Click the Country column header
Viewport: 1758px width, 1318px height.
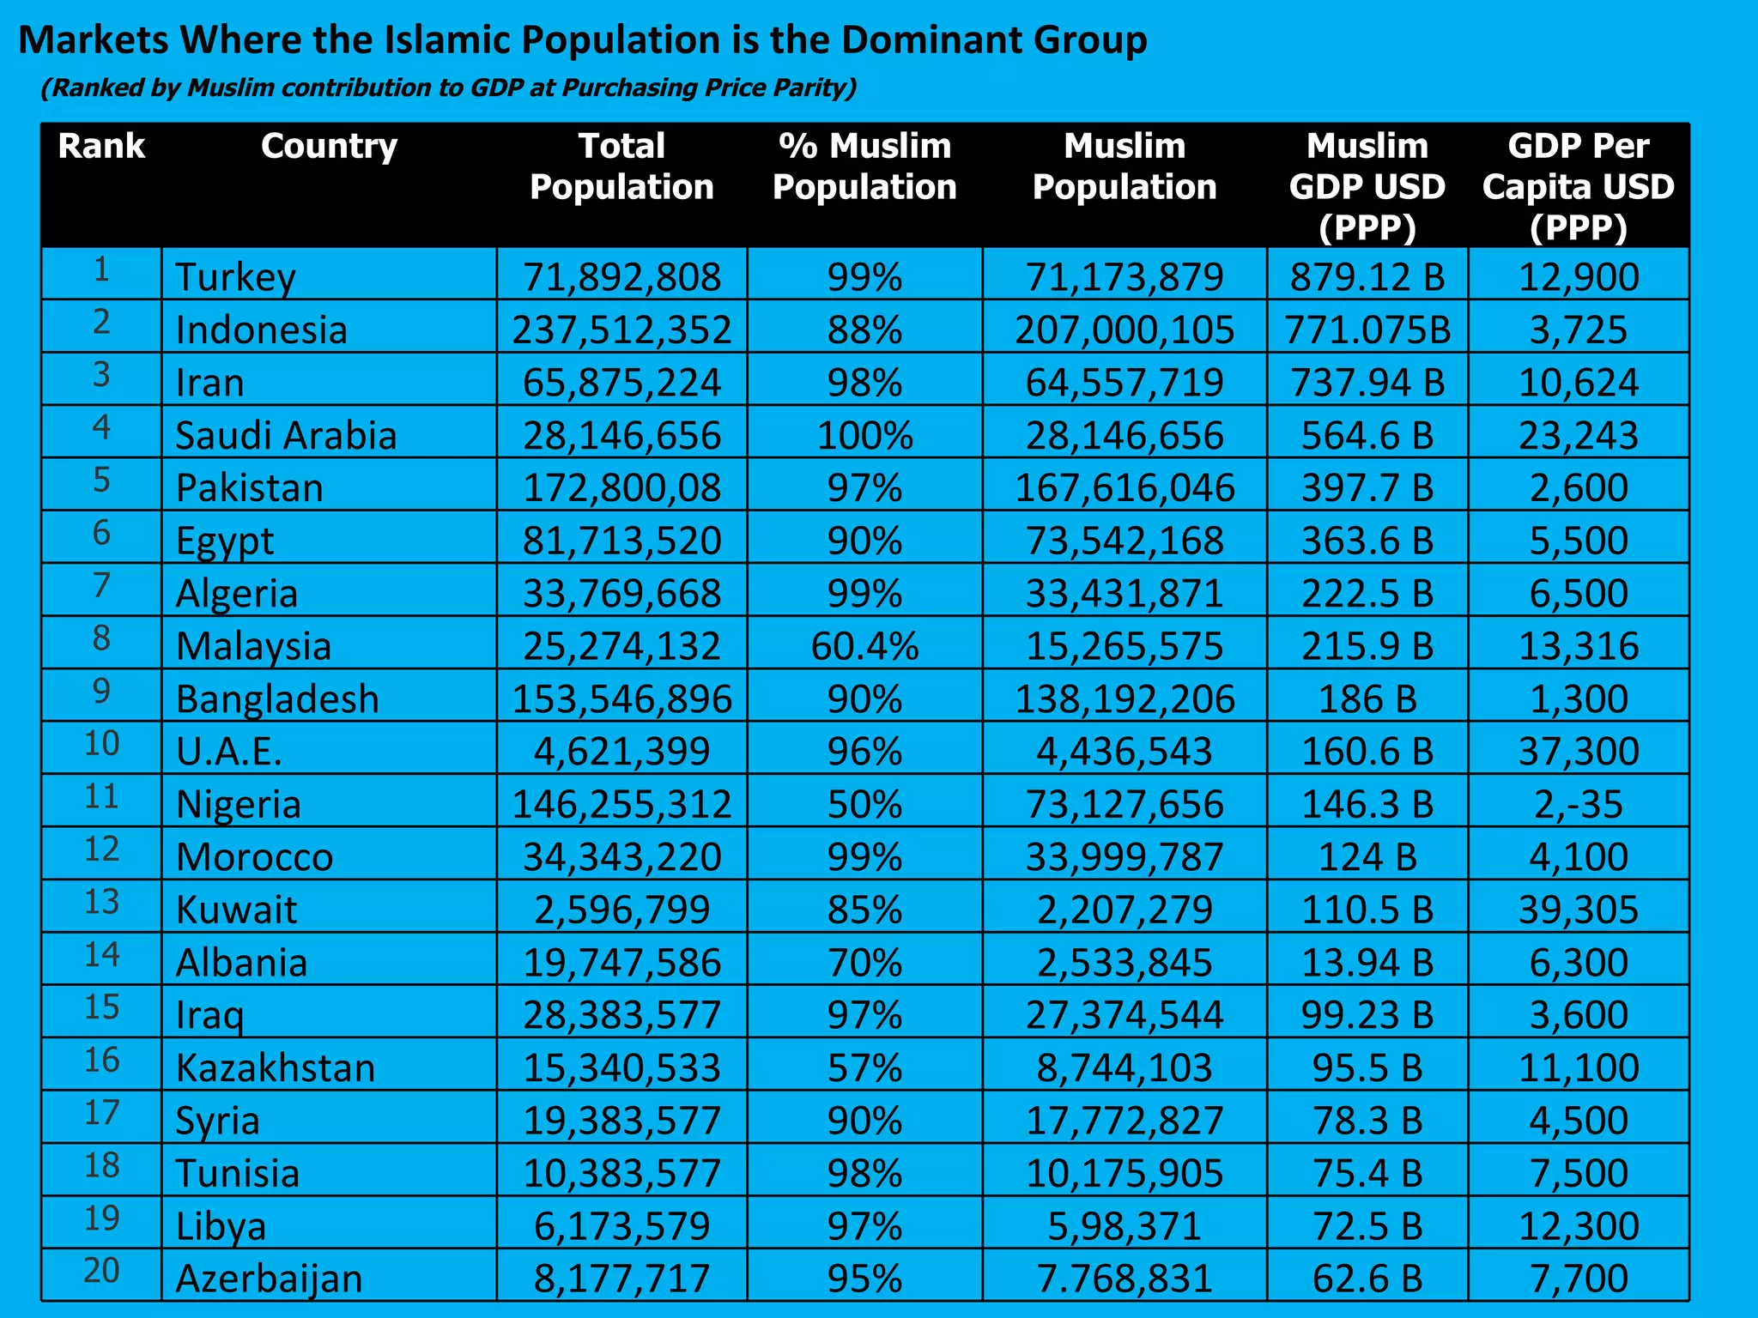tap(329, 147)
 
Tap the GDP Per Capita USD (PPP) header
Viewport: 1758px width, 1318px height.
tap(1578, 186)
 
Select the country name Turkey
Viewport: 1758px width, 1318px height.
tap(235, 277)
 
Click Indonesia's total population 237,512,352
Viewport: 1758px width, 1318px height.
tap(621, 330)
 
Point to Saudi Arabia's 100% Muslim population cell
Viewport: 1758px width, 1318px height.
tap(864, 436)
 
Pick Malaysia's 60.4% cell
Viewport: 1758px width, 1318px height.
tap(864, 646)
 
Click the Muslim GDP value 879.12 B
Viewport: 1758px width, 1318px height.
tap(1367, 277)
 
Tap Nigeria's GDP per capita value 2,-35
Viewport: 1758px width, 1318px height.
tap(1578, 805)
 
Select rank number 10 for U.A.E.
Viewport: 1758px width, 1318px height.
tap(101, 744)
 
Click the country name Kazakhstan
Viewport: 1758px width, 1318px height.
tap(276, 1068)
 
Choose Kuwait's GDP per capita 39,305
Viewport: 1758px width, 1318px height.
tap(1578, 910)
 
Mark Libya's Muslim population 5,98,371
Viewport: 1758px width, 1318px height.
tap(1124, 1226)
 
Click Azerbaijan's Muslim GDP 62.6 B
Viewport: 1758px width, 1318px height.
tap(1367, 1279)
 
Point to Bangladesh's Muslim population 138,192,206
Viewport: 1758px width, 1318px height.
tap(1124, 699)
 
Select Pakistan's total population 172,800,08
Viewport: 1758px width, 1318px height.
tap(621, 488)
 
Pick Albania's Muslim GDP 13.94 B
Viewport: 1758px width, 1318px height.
tap(1367, 963)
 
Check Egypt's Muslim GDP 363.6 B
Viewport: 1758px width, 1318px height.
tap(1367, 541)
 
